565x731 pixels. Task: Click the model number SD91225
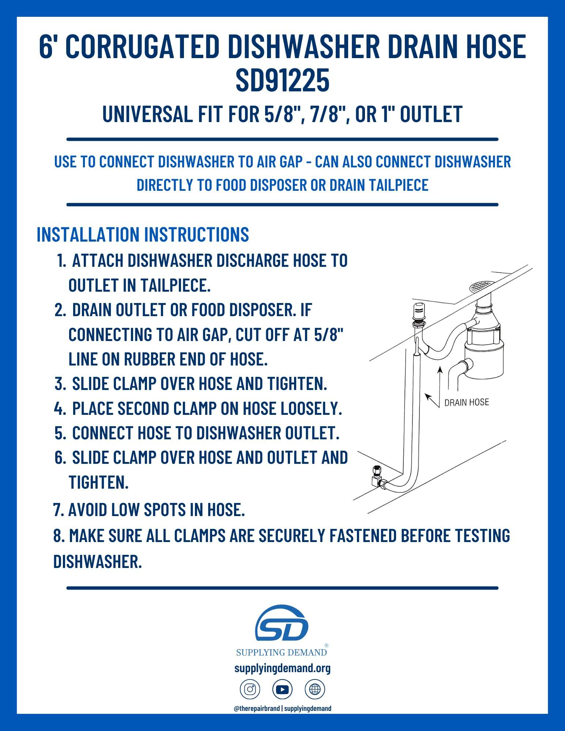(282, 81)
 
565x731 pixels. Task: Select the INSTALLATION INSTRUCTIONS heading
(143, 234)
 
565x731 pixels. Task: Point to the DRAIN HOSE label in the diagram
(466, 402)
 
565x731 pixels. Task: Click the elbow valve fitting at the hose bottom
(377, 477)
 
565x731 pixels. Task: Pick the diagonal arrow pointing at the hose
(432, 400)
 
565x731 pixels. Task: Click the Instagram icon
(250, 690)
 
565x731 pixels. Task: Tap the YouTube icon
(282, 690)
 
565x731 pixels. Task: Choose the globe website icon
(314, 690)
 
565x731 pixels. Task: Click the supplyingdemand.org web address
(282, 668)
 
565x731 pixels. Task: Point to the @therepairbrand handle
(257, 708)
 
